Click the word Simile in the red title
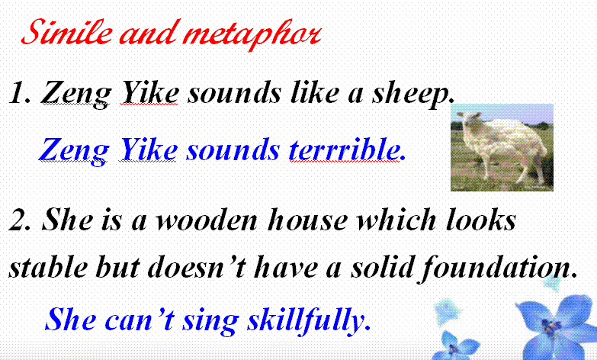[67, 31]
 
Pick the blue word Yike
[149, 149]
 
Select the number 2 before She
[20, 220]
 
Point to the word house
[307, 220]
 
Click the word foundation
[498, 268]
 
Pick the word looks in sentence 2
[481, 220]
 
